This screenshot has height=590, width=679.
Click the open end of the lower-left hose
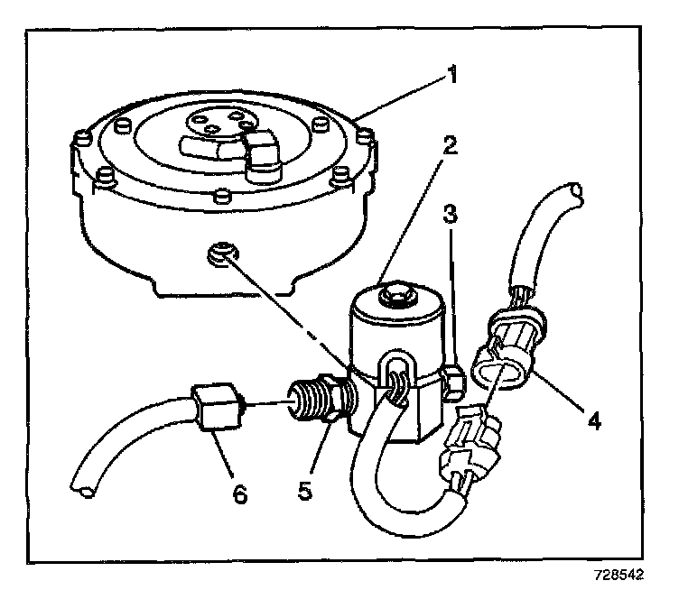coord(82,486)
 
